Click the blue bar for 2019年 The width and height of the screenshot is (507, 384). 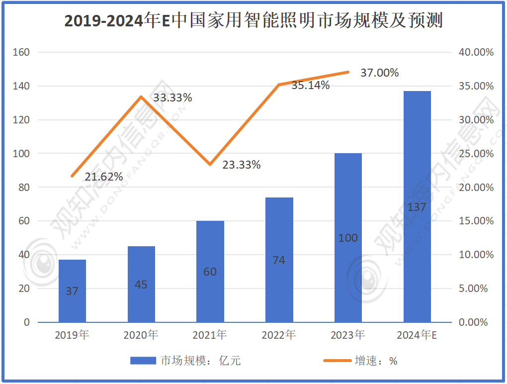click(72, 291)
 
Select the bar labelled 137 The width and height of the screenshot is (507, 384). click(417, 206)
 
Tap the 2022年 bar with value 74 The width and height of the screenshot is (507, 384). click(279, 260)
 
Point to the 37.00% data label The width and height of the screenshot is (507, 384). click(379, 73)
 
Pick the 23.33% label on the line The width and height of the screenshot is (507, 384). click(241, 165)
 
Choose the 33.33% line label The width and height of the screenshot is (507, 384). click(172, 98)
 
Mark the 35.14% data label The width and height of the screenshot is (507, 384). click(310, 86)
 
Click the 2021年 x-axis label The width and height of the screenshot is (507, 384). click(210, 335)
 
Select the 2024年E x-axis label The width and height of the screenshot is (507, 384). click(417, 335)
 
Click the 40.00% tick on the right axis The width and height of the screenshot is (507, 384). click(475, 52)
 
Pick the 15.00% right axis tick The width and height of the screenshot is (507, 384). click(475, 221)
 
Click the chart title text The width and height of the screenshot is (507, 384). click(253, 21)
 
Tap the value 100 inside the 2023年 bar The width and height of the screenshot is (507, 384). click(348, 238)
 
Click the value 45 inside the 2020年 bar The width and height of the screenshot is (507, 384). click(141, 285)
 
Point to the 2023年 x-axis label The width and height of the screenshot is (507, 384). click(348, 335)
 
